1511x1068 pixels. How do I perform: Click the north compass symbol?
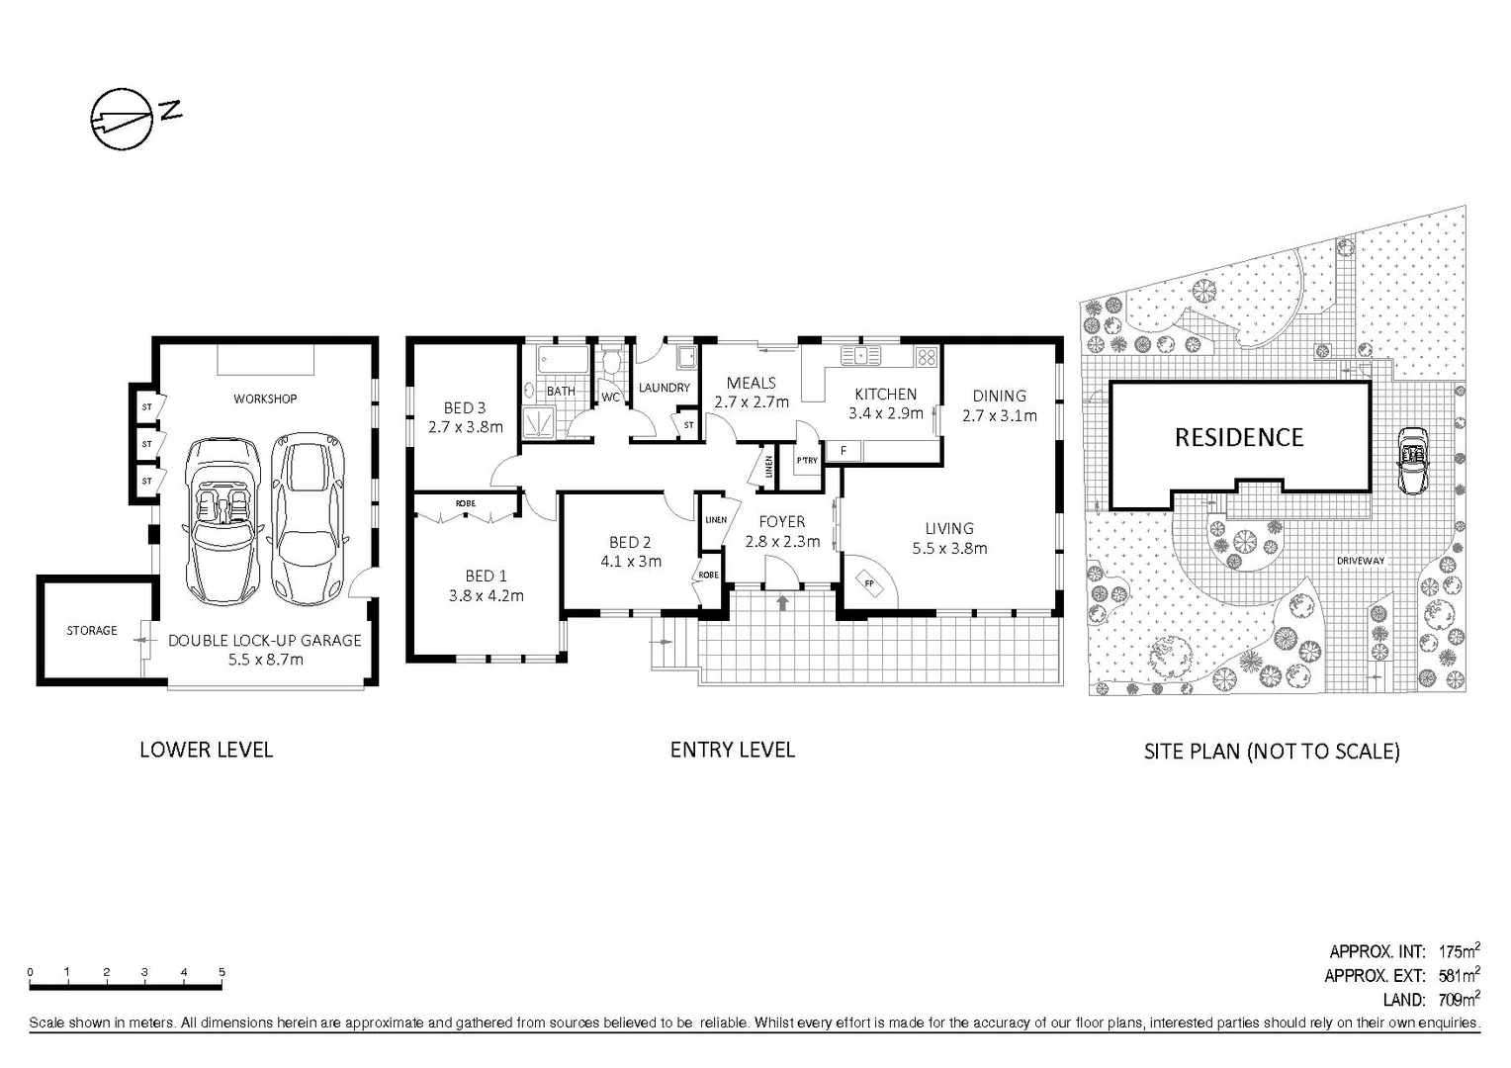point(123,120)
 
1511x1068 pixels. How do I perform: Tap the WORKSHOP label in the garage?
point(265,399)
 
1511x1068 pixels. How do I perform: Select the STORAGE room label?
point(92,630)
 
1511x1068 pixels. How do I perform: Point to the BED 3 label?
point(465,407)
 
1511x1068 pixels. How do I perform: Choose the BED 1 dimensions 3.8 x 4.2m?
point(487,595)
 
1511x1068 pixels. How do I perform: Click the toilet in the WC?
point(611,363)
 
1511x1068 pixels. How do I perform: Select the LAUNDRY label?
point(665,388)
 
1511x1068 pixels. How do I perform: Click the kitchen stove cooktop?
point(926,357)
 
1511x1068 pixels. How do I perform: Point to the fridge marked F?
point(844,451)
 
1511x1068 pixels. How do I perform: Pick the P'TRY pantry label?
point(807,461)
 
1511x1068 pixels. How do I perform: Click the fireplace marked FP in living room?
point(869,583)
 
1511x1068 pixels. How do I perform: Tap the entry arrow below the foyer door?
point(783,601)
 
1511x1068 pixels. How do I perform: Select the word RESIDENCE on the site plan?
point(1239,437)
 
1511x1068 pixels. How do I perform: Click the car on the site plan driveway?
point(1411,460)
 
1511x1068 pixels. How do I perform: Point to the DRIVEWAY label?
point(1361,561)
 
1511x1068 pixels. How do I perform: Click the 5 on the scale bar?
point(222,972)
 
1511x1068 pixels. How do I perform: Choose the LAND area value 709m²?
point(1460,1000)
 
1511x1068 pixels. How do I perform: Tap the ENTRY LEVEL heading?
point(732,750)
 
